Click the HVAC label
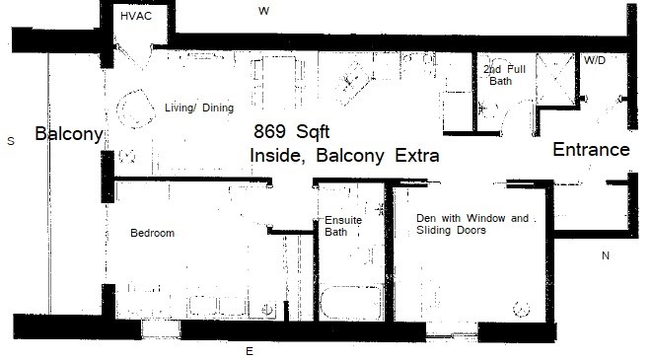pos(136,16)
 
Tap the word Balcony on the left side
pos(69,134)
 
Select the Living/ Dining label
pos(199,108)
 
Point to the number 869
pos(269,131)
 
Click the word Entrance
pos(591,150)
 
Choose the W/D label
pos(595,61)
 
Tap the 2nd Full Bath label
pos(504,75)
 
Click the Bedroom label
pos(152,233)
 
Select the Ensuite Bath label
pos(343,226)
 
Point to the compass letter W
pos(263,11)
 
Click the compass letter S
pos(11,141)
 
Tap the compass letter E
pos(250,352)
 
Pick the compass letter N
pos(606,255)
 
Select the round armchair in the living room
pos(134,109)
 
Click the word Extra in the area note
pos(416,156)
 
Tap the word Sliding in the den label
pos(434,230)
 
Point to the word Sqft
pos(313,132)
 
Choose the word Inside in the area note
pos(276,156)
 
